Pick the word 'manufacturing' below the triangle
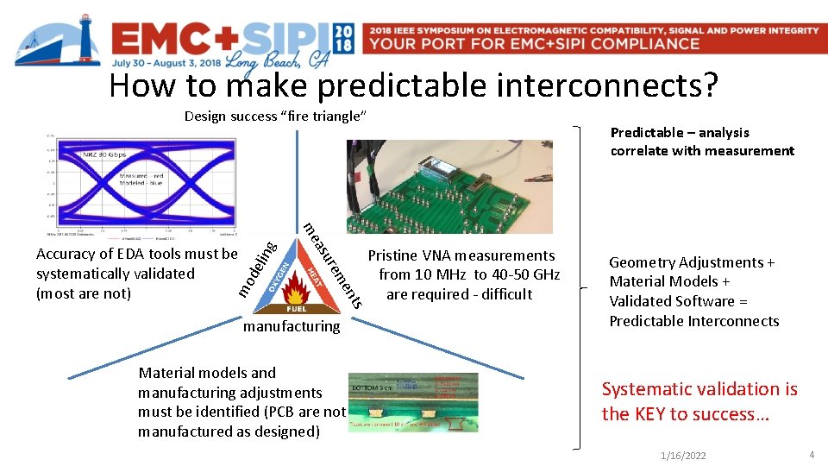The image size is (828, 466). pyautogui.click(x=292, y=326)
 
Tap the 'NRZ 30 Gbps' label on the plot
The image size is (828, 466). pyautogui.click(x=103, y=155)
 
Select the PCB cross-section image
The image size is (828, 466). pyautogui.click(x=412, y=402)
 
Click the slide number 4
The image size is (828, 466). pyautogui.click(x=812, y=454)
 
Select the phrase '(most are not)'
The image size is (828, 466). pyautogui.click(x=84, y=293)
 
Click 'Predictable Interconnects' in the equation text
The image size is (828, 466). pyautogui.click(x=694, y=321)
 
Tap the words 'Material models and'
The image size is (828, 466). pyautogui.click(x=207, y=373)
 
